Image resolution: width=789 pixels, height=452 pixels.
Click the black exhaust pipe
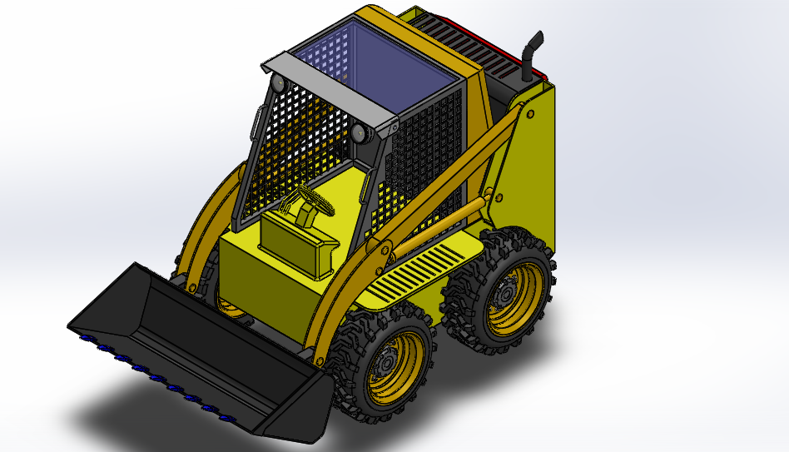[x=529, y=58]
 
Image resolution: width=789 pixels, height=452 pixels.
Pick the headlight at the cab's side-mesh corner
[x=360, y=133]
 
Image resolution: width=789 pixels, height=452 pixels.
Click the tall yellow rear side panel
[x=533, y=166]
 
